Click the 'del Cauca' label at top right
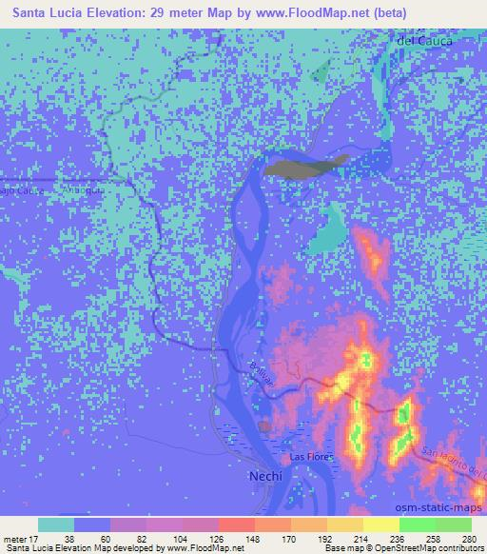pyautogui.click(x=423, y=41)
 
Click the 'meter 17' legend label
pyautogui.click(x=21, y=539)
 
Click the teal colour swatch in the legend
pyautogui.click(x=56, y=524)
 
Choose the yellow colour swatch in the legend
pyautogui.click(x=381, y=524)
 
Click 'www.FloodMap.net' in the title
pyautogui.click(x=301, y=12)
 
